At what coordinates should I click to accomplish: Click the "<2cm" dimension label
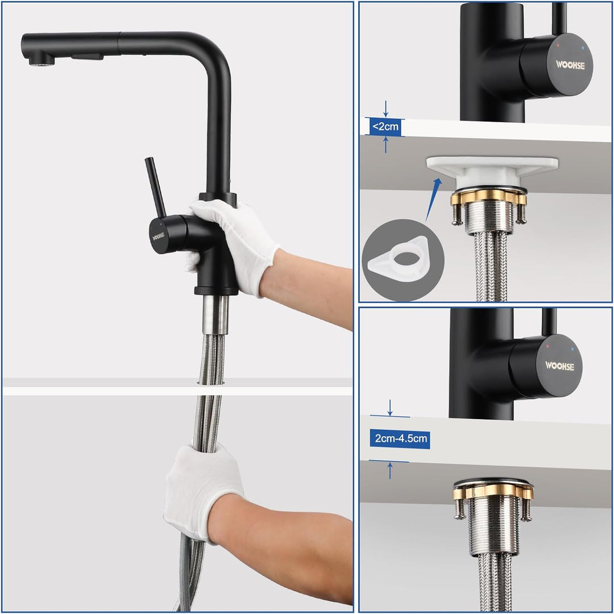(x=386, y=126)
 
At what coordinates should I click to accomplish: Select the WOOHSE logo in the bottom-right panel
(x=559, y=366)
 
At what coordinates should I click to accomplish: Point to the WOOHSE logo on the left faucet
(x=158, y=235)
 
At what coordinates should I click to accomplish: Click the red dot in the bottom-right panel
(x=547, y=345)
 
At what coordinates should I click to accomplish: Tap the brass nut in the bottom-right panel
(x=492, y=492)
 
